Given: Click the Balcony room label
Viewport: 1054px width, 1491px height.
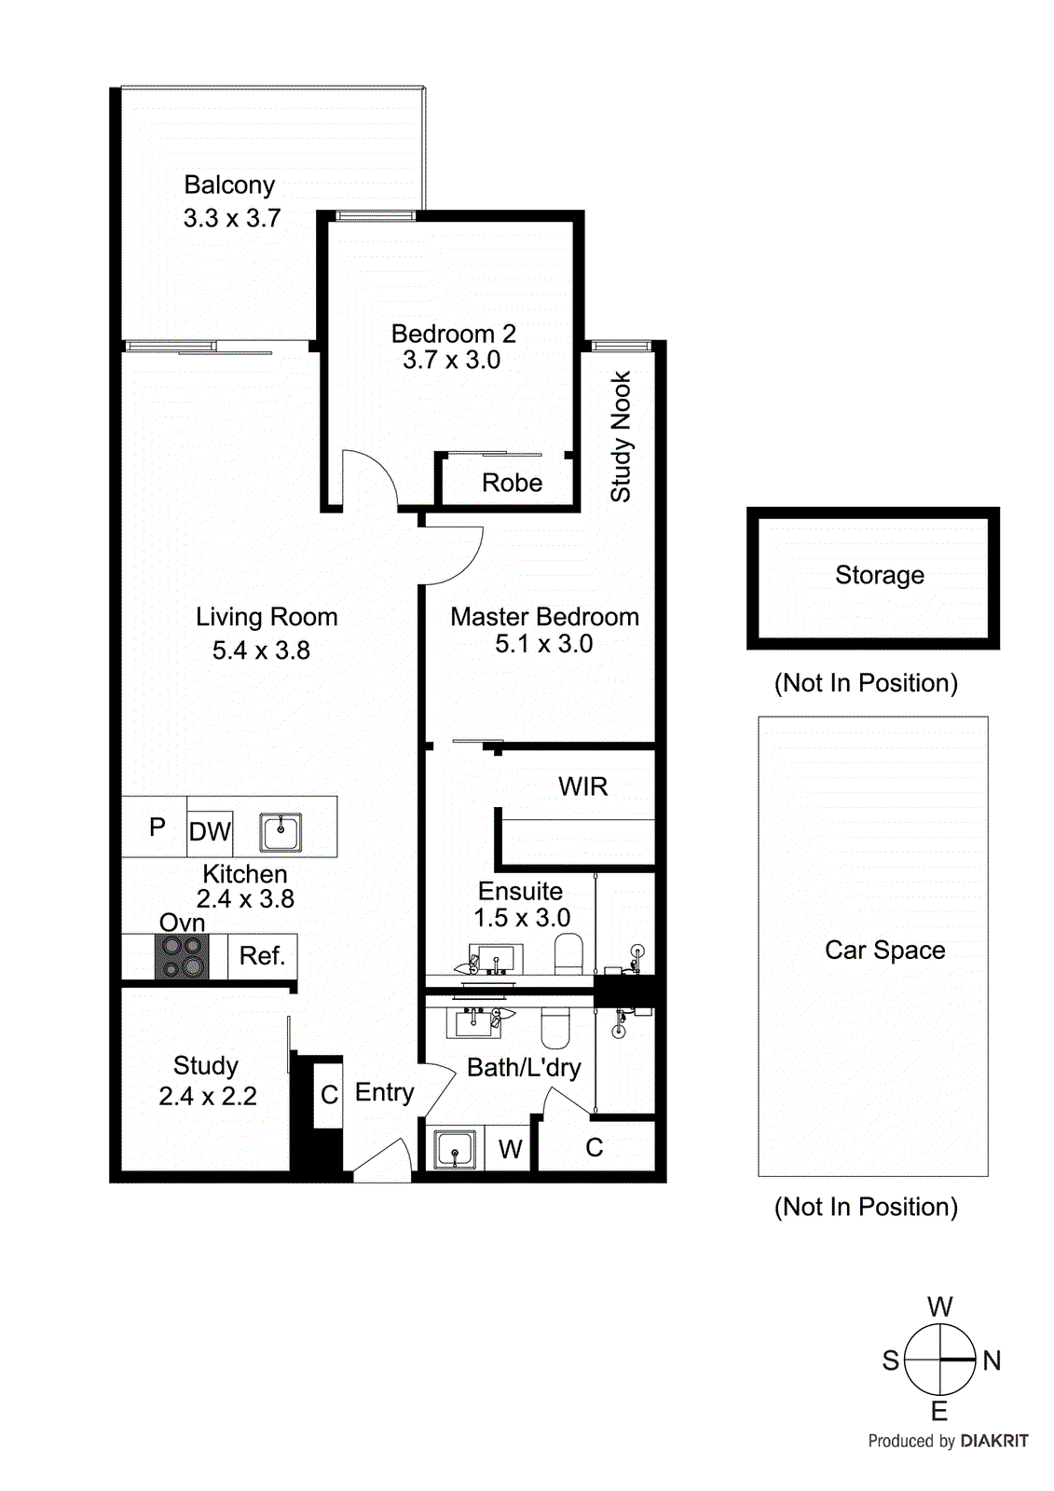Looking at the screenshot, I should coord(229,185).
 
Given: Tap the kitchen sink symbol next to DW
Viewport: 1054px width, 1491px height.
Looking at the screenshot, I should coord(281,831).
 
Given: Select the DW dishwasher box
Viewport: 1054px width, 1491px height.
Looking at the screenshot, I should coord(210,830).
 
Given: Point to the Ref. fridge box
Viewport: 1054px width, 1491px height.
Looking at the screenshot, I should coord(262,956).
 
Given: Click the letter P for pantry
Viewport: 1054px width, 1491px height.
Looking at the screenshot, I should coord(157,827).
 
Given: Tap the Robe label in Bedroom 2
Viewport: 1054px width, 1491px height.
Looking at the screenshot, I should coord(512,483).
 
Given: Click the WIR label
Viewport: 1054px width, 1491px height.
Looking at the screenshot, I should coord(582,787).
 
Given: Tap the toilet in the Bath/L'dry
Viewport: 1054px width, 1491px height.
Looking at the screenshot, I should coord(555,1027).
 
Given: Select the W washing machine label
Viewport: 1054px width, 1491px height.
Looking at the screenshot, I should coord(510,1149).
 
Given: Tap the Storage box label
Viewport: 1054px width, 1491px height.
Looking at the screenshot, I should coord(879,575).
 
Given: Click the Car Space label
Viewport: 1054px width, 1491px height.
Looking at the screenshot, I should coord(884,950).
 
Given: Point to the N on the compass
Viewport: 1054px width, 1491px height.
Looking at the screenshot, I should coord(992,1361).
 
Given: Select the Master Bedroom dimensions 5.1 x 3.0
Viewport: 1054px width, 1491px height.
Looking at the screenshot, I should coord(543,644).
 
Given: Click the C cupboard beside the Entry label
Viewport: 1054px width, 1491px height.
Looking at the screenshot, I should coord(329,1094).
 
